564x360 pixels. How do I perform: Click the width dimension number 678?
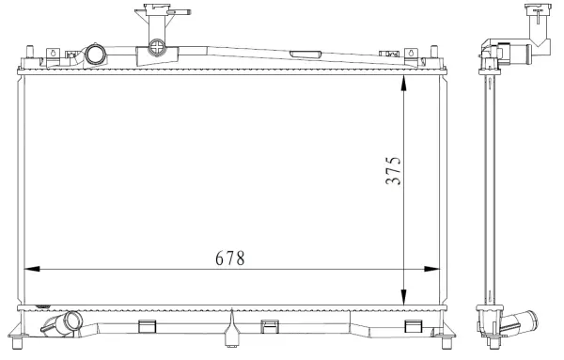[228, 257]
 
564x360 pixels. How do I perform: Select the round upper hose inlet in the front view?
[97, 55]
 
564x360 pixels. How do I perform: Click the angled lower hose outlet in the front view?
[62, 327]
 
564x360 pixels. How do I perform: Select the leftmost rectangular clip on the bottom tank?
[146, 326]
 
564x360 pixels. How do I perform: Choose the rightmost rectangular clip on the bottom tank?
[411, 326]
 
